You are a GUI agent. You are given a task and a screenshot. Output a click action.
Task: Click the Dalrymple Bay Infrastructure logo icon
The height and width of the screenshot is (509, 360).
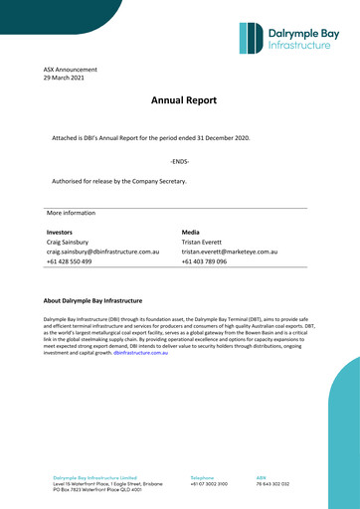click(x=253, y=38)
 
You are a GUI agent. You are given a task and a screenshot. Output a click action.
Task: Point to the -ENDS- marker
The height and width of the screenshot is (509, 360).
click(x=179, y=160)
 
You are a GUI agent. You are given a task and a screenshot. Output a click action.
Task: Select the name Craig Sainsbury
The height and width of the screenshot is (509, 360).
click(x=68, y=242)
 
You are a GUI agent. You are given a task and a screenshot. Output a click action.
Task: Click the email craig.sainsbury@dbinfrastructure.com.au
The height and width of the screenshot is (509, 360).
click(x=103, y=253)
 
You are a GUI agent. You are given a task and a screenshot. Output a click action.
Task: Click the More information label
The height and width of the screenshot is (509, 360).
click(x=71, y=213)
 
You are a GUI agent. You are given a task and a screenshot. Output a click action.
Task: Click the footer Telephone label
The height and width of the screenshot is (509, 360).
click(x=202, y=478)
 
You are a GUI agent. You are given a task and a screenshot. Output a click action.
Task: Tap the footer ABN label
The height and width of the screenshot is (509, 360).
click(x=262, y=478)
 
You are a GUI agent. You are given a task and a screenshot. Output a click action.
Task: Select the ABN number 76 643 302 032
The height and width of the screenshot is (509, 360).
click(x=272, y=484)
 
